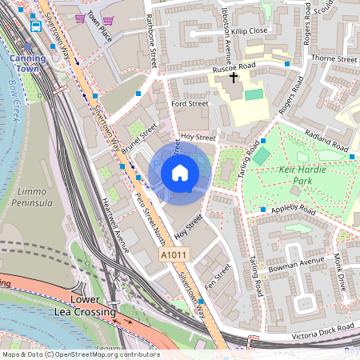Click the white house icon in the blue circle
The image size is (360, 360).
180,172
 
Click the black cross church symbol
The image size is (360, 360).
234,78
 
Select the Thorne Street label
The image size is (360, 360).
334,59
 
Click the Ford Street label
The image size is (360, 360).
190,103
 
